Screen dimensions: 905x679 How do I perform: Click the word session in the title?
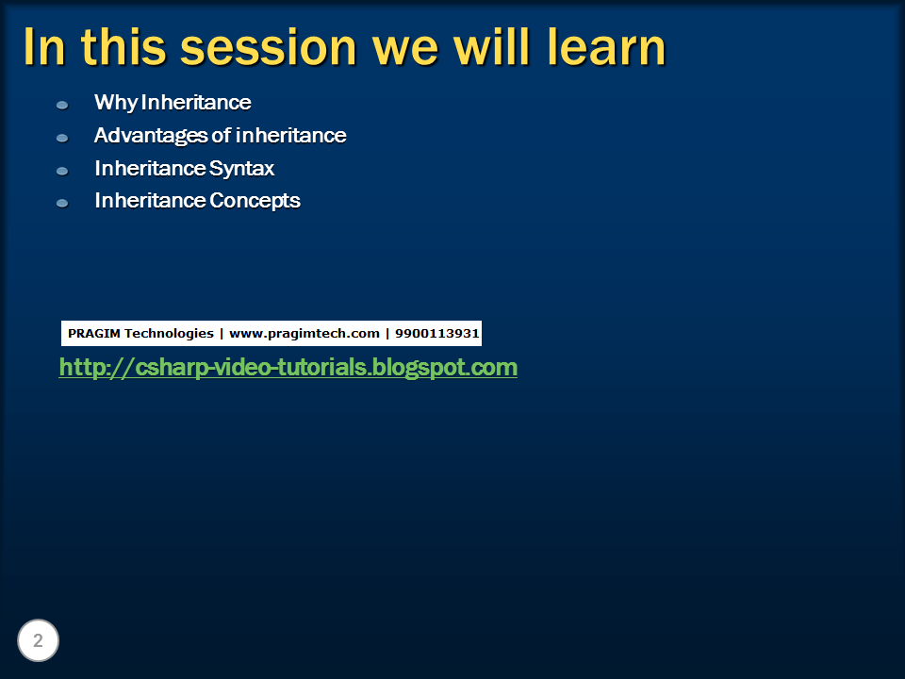coord(269,48)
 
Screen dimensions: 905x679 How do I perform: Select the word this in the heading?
coord(123,46)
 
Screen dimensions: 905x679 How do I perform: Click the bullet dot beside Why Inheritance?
coord(62,105)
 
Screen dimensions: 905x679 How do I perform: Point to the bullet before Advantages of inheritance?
coord(62,138)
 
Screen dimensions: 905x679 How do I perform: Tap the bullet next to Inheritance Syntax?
coord(62,171)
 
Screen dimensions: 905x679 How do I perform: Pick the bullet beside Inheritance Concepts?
coord(62,204)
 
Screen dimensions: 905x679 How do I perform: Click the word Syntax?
coord(242,169)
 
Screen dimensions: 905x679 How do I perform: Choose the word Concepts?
coord(255,201)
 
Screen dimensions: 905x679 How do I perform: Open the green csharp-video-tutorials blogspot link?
coord(288,368)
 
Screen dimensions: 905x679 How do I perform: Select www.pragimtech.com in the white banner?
coord(304,334)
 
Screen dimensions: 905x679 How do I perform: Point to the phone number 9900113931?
coord(436,333)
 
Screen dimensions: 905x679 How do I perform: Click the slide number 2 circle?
coord(38,640)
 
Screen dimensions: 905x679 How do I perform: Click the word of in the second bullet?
coord(222,136)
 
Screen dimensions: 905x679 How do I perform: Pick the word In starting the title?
coord(44,47)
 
